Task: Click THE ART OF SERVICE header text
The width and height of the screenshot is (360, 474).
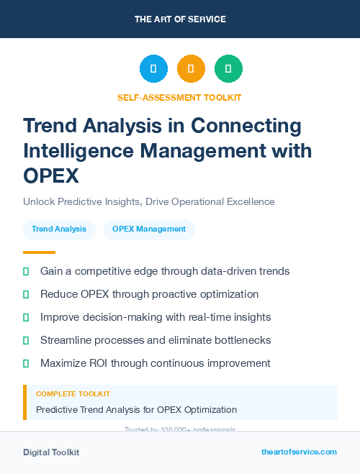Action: coord(180,19)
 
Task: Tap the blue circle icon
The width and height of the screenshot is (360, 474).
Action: coord(153,69)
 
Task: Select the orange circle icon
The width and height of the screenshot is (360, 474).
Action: coord(191,69)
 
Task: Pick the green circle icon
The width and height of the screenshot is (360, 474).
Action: coord(228,69)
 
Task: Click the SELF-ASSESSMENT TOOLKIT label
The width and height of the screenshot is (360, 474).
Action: coord(180,97)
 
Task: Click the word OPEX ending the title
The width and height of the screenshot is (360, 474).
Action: coord(50,176)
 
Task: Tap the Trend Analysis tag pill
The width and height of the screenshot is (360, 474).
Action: coord(59,229)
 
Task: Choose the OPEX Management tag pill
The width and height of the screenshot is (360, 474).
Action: coord(149,229)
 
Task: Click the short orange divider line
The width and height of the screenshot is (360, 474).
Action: coord(39,252)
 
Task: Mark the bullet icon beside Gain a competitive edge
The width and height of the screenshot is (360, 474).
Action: coord(26,272)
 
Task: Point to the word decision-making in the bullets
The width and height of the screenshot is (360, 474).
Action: coord(122,317)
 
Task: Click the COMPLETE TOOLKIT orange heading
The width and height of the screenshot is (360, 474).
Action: coord(73,394)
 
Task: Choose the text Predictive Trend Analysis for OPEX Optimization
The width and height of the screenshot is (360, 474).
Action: coord(136,410)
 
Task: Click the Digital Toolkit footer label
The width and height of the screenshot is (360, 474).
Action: coord(51,452)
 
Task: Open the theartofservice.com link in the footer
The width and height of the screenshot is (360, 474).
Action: coord(299,452)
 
